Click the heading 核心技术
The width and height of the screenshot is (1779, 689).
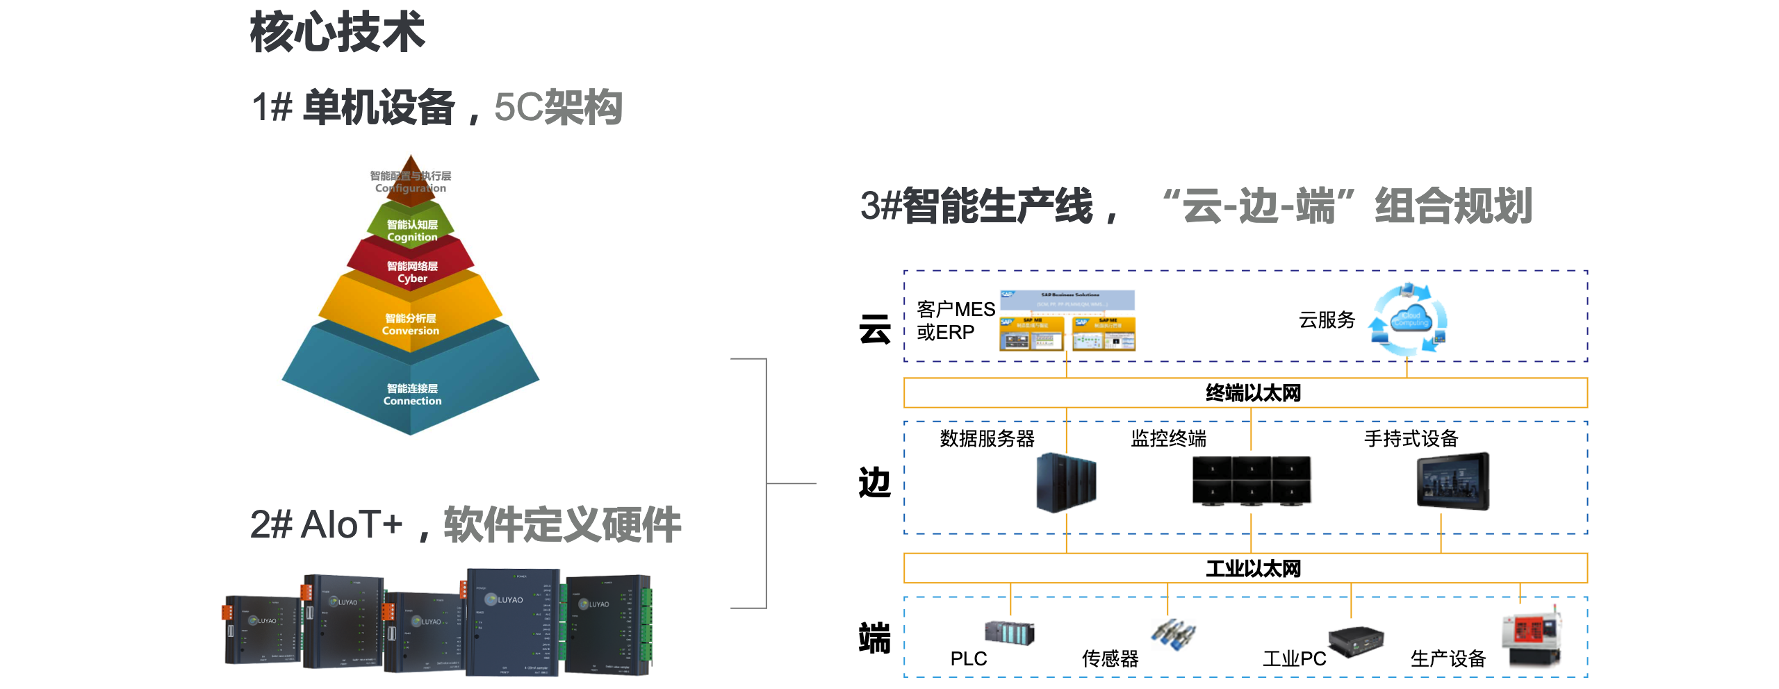337,32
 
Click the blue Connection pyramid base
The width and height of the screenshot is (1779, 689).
411,392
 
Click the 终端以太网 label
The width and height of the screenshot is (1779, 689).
1253,393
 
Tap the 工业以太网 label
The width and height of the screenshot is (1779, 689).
1253,569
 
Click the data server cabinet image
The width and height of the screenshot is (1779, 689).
1066,482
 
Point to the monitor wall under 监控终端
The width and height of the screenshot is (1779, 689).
1252,480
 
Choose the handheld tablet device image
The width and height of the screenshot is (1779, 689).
1453,481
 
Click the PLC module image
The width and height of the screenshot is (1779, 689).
1009,632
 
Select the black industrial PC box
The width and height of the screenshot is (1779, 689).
1356,640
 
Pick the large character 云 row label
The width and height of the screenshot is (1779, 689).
875,329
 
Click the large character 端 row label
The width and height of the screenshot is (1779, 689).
875,638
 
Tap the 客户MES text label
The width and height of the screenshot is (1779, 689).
956,309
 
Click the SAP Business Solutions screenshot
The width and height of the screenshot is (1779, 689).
1067,320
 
